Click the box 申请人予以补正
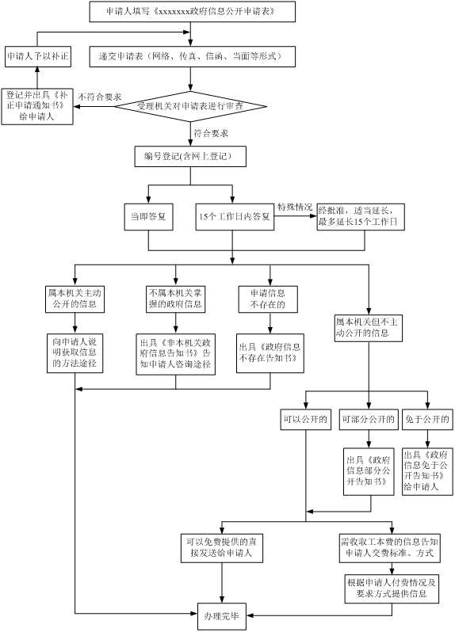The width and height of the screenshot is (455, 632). pyautogui.click(x=38, y=56)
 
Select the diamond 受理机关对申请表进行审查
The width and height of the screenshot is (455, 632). pyautogui.click(x=190, y=106)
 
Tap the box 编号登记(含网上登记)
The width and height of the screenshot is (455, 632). pyautogui.click(x=190, y=156)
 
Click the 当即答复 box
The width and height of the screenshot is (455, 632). pyautogui.click(x=149, y=217)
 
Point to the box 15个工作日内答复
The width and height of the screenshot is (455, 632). pyautogui.click(x=235, y=217)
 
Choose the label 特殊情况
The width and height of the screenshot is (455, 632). pyautogui.click(x=295, y=207)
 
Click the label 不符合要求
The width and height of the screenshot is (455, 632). pyautogui.click(x=99, y=97)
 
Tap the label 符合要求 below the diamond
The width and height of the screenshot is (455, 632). pyautogui.click(x=211, y=133)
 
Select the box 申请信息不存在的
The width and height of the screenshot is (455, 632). pyautogui.click(x=268, y=299)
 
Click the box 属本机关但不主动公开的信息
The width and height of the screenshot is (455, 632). pyautogui.click(x=369, y=328)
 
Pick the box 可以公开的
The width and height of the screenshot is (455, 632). pyautogui.click(x=306, y=420)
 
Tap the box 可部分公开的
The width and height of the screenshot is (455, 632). pyautogui.click(x=369, y=420)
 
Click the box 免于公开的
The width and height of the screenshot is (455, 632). pyautogui.click(x=427, y=420)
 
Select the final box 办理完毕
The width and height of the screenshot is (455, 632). pyautogui.click(x=221, y=617)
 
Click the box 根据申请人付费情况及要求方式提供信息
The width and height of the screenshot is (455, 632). pyautogui.click(x=392, y=589)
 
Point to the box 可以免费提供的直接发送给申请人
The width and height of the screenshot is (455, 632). pyautogui.click(x=222, y=548)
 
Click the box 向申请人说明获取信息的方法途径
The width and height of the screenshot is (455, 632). pyautogui.click(x=75, y=353)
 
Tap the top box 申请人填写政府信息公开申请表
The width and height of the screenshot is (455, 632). pyautogui.click(x=193, y=12)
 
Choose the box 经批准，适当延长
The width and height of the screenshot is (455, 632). pyautogui.click(x=361, y=217)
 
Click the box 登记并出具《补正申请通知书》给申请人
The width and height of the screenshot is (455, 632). pyautogui.click(x=37, y=106)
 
